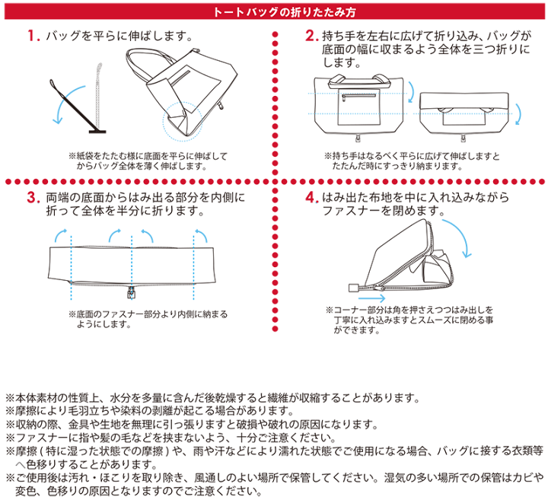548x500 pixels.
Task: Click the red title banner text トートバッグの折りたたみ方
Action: pyautogui.click(x=284, y=12)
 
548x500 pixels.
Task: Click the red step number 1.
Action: pyautogui.click(x=33, y=36)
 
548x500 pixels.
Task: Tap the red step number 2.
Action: pyautogui.click(x=311, y=36)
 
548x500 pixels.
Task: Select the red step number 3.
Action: pyautogui.click(x=33, y=197)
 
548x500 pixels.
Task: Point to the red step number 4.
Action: pyautogui.click(x=311, y=197)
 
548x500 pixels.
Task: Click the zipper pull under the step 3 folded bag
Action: pyautogui.click(x=132, y=292)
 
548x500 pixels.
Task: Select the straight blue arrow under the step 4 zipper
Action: pyautogui.click(x=372, y=298)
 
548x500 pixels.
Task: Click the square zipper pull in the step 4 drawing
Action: pyautogui.click(x=355, y=288)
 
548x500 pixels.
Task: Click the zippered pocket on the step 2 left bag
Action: pyautogui.click(x=359, y=107)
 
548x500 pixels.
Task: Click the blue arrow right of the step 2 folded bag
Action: pyautogui.click(x=519, y=113)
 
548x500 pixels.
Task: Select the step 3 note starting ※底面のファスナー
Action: pyautogui.click(x=148, y=319)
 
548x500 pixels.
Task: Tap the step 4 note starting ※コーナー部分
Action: pyautogui.click(x=409, y=320)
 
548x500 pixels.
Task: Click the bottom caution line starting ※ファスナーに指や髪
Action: pyautogui.click(x=171, y=438)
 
